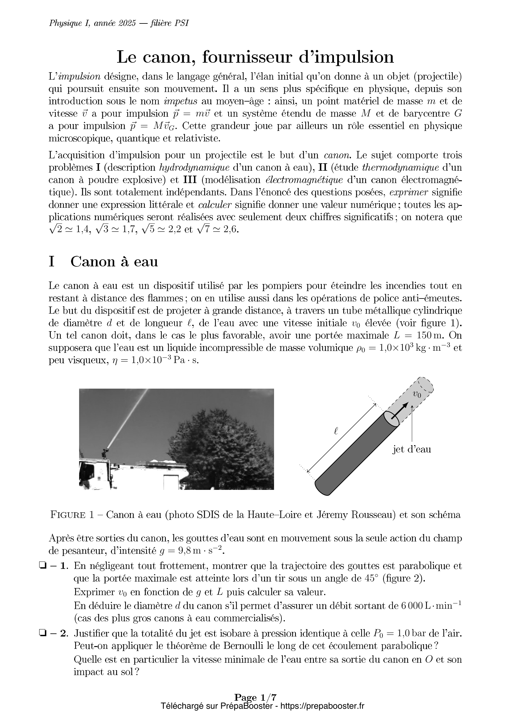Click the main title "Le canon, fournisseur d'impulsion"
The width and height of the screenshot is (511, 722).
(255, 57)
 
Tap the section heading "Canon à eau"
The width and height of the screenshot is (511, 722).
(114, 262)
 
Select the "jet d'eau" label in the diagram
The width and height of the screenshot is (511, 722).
(412, 449)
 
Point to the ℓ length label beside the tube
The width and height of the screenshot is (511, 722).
(336, 432)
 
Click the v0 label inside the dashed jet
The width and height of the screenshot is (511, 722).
(417, 394)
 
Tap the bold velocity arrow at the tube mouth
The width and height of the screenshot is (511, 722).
(399, 411)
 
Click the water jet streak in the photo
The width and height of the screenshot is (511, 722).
(126, 415)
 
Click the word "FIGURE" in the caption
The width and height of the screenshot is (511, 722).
(68, 515)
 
